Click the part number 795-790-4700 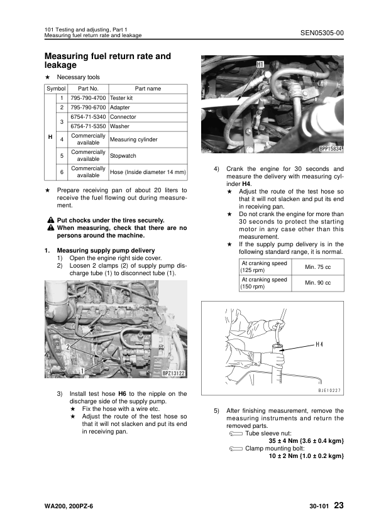click(87, 99)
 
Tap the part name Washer click(119, 126)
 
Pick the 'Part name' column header click(148, 89)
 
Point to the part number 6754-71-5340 click(87, 117)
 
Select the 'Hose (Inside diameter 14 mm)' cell click(148, 172)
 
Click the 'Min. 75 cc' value click(317, 266)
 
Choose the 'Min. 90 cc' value click(317, 283)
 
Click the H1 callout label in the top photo click(260, 64)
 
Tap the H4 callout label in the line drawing click(319, 344)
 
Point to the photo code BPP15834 click(330, 150)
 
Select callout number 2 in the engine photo click(69, 346)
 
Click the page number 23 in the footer click(339, 506)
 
